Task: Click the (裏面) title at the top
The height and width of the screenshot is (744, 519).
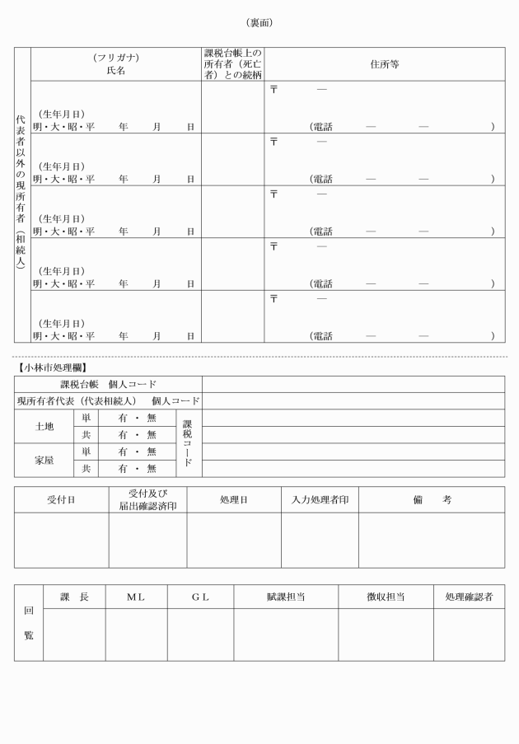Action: click(x=259, y=22)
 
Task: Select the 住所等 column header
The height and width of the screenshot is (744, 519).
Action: click(x=384, y=64)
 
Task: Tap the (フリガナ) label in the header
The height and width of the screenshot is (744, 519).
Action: click(x=115, y=58)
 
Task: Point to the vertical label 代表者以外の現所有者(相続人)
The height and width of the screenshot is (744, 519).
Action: click(x=22, y=195)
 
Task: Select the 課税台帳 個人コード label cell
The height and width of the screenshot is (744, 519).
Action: click(x=108, y=384)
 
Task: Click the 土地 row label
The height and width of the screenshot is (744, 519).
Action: click(x=44, y=426)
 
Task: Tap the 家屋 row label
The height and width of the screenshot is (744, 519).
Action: click(x=44, y=460)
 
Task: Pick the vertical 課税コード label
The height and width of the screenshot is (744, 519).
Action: click(x=188, y=442)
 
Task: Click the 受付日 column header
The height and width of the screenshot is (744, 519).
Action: click(x=61, y=499)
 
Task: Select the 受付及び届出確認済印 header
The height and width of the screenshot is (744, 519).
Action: click(x=147, y=499)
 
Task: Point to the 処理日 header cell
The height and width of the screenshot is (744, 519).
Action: click(x=234, y=499)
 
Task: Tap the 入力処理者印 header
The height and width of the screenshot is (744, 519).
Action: click(x=320, y=499)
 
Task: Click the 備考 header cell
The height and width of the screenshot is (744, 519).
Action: click(x=432, y=499)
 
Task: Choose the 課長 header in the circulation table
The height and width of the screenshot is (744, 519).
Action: click(x=74, y=597)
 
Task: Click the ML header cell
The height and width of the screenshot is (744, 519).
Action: click(x=136, y=597)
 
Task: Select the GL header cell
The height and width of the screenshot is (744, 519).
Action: click(x=200, y=597)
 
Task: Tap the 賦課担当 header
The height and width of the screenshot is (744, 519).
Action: click(x=286, y=597)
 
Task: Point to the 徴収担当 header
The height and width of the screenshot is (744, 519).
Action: click(x=386, y=597)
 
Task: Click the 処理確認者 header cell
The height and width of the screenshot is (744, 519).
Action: click(x=469, y=597)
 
